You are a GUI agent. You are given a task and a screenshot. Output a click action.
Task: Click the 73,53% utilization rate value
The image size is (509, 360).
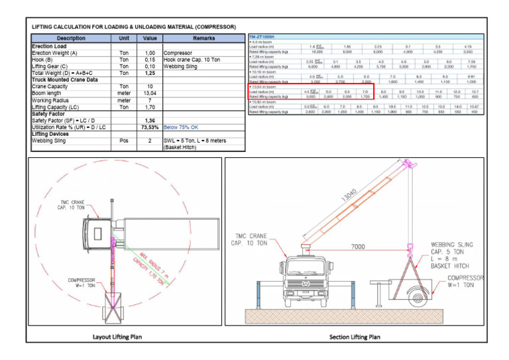click(x=150, y=127)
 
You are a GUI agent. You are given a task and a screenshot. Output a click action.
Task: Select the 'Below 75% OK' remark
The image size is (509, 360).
click(x=182, y=127)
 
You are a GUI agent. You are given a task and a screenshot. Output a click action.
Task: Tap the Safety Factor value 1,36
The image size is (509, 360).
click(x=150, y=120)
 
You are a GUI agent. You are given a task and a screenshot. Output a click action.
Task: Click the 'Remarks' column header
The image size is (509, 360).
click(x=203, y=38)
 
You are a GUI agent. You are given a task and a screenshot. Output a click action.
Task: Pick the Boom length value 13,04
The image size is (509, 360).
click(x=150, y=93)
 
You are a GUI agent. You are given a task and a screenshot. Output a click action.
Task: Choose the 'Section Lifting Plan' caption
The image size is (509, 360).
click(x=355, y=337)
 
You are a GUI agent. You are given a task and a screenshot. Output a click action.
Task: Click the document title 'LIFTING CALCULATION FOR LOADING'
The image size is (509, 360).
click(x=133, y=27)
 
